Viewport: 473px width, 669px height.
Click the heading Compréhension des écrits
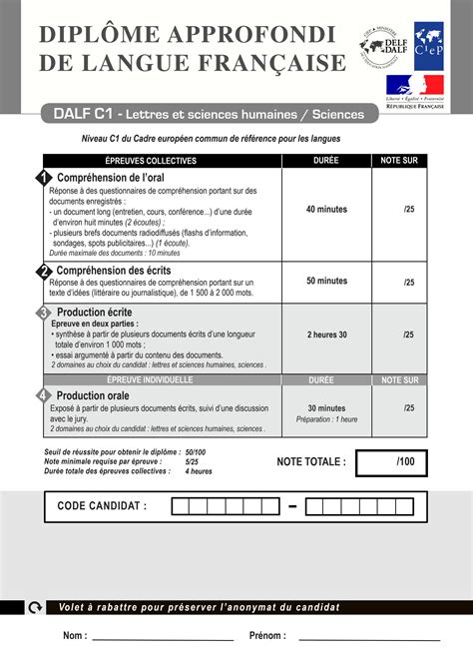(x=113, y=271)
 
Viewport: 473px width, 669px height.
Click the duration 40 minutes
(x=326, y=210)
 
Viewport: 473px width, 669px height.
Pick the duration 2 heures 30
(x=326, y=334)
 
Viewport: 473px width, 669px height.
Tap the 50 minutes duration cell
(x=326, y=281)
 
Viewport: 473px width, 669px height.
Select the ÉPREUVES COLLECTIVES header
(x=151, y=161)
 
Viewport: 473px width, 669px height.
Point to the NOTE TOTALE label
(x=311, y=462)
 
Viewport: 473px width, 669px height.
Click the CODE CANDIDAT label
(x=102, y=506)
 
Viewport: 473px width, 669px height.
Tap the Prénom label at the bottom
(x=267, y=636)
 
